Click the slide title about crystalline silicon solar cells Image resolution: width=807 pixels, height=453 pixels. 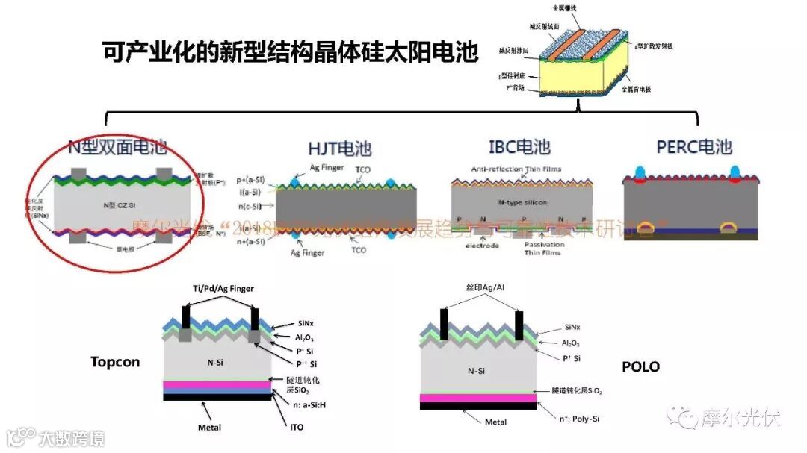[289, 53]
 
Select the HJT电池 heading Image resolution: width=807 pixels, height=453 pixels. [339, 149]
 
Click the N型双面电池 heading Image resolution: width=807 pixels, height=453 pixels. [116, 148]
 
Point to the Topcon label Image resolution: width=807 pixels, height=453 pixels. [115, 362]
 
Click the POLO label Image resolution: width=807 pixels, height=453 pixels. [641, 367]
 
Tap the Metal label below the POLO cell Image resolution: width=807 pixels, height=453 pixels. [496, 422]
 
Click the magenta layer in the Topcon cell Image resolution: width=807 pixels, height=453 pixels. [217, 385]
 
